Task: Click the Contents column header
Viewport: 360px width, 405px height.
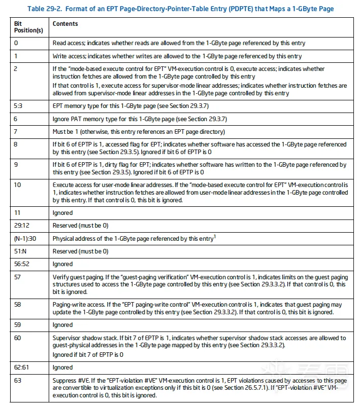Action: tap(65, 24)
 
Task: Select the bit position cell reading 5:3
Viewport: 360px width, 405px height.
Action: tap(19, 106)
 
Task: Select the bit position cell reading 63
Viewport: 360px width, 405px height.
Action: tap(17, 380)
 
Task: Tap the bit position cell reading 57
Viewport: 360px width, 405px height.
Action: tap(17, 277)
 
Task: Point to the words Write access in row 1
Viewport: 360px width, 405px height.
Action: tap(68, 56)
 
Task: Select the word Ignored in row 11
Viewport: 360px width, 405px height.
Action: tap(63, 213)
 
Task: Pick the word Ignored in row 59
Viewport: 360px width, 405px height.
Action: tap(63, 325)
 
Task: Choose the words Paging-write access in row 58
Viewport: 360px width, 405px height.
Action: tap(77, 305)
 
